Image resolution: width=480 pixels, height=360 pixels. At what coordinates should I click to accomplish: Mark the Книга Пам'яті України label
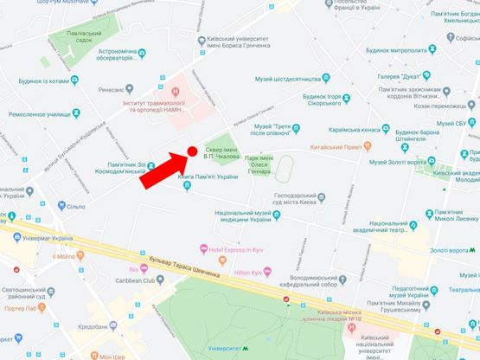point(208,177)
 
